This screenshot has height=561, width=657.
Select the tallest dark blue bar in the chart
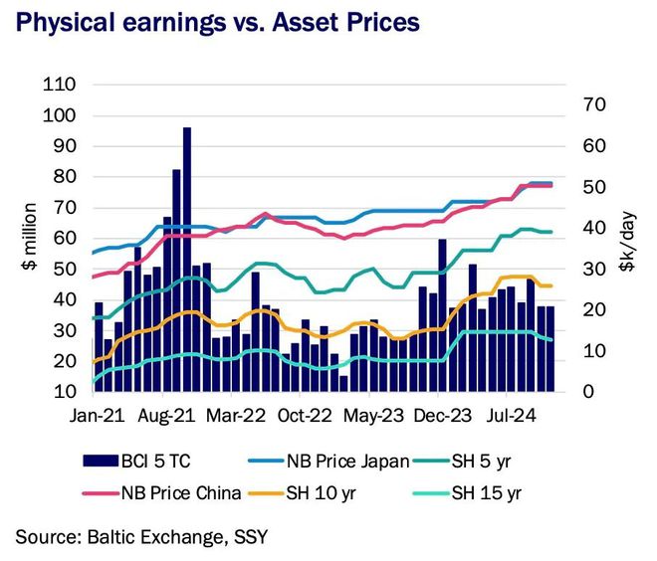point(186,259)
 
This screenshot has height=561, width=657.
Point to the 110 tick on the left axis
point(63,86)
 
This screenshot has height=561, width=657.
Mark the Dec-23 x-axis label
point(441,416)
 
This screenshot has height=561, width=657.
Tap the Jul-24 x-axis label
point(512,416)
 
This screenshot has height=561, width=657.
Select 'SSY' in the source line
point(248,538)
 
